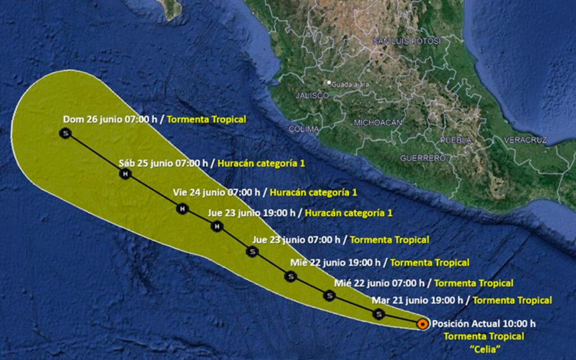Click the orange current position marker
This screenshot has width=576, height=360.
point(422,323)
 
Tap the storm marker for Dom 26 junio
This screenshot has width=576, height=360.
point(66,133)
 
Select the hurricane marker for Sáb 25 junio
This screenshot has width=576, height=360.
point(124,174)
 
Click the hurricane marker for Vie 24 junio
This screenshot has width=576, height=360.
point(182,209)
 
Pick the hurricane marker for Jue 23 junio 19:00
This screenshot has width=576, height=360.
point(217,227)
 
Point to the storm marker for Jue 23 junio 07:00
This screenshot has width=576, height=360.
point(252,251)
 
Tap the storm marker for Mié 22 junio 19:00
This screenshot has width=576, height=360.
point(290,276)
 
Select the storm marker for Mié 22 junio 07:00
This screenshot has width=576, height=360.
point(330,295)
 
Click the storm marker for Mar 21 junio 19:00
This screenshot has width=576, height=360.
point(379,314)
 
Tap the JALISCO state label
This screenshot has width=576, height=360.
point(312,96)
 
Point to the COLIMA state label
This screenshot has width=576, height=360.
point(304,129)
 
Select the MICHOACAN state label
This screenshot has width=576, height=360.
point(379,122)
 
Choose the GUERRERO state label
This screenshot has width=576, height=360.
point(423,159)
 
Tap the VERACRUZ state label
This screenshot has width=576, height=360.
point(526,139)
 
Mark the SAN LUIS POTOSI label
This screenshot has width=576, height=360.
point(407,42)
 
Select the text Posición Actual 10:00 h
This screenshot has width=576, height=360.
point(483,323)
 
